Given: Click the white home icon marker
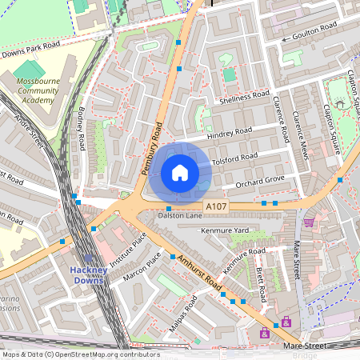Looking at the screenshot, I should (180, 173).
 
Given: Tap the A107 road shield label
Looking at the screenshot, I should (216, 207).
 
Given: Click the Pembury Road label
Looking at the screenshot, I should (152, 148).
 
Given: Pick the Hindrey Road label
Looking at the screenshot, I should (229, 133).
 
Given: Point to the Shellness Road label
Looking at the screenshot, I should (244, 97).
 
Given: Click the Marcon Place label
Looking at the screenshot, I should (142, 266).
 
